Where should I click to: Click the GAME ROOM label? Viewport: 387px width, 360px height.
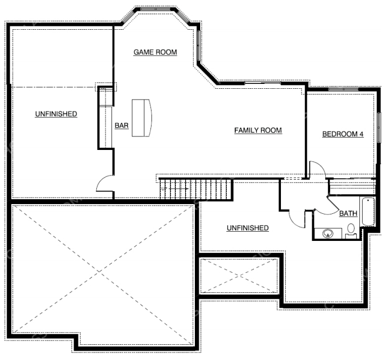point(155,52)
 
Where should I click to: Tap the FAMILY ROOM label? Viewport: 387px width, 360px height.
point(258,130)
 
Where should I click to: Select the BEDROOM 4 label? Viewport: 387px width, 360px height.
point(343,134)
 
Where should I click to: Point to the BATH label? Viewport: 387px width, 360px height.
point(348,213)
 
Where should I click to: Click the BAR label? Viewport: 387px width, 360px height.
point(122,126)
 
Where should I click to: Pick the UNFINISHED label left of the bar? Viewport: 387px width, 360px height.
point(56,114)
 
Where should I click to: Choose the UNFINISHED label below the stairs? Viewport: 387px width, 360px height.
point(247,228)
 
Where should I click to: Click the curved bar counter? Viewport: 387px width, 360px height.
point(142,118)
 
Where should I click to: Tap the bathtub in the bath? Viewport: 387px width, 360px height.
point(368,211)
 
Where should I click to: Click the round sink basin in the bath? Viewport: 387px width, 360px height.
point(328,233)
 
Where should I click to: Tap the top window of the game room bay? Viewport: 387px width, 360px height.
point(155,9)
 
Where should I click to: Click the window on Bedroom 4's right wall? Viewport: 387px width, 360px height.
point(379,127)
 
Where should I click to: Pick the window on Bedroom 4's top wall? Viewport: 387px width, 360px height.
point(343,89)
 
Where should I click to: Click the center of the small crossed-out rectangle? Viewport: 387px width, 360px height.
point(239,276)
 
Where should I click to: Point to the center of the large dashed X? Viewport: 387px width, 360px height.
point(100,271)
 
